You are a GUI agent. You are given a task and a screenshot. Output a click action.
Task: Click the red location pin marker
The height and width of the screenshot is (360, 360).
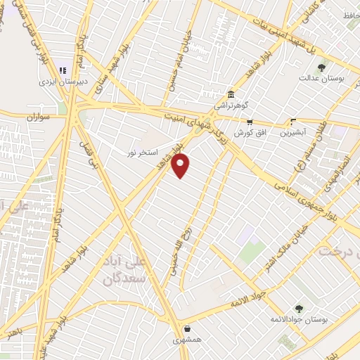181,166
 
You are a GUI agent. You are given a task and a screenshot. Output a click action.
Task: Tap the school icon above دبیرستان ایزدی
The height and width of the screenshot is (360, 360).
62,70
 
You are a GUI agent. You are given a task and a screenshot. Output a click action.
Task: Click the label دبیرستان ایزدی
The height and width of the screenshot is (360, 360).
62,81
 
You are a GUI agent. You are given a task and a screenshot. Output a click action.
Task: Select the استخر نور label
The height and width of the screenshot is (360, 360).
141,152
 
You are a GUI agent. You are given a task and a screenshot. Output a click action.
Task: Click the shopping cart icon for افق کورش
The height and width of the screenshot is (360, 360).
250,122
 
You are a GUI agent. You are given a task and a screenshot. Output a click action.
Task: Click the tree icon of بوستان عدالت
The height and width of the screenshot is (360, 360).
321,68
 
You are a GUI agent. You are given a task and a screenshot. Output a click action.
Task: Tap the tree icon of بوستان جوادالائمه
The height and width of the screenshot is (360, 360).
300,309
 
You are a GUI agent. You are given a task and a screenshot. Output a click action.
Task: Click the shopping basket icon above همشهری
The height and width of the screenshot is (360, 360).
187,328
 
